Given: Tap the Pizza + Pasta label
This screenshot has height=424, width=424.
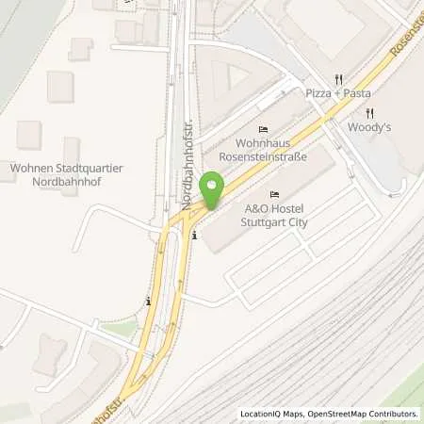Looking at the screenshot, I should point(338,93).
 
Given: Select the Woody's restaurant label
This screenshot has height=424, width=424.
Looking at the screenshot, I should point(369,126).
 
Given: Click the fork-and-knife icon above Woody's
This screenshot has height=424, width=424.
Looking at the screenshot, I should point(370,112).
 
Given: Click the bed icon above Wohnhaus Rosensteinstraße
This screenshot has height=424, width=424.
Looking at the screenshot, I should point(263,130).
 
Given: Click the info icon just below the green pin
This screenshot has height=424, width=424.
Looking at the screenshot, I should point(195,236).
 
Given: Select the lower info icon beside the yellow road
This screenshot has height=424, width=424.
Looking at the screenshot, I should point(149,302).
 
